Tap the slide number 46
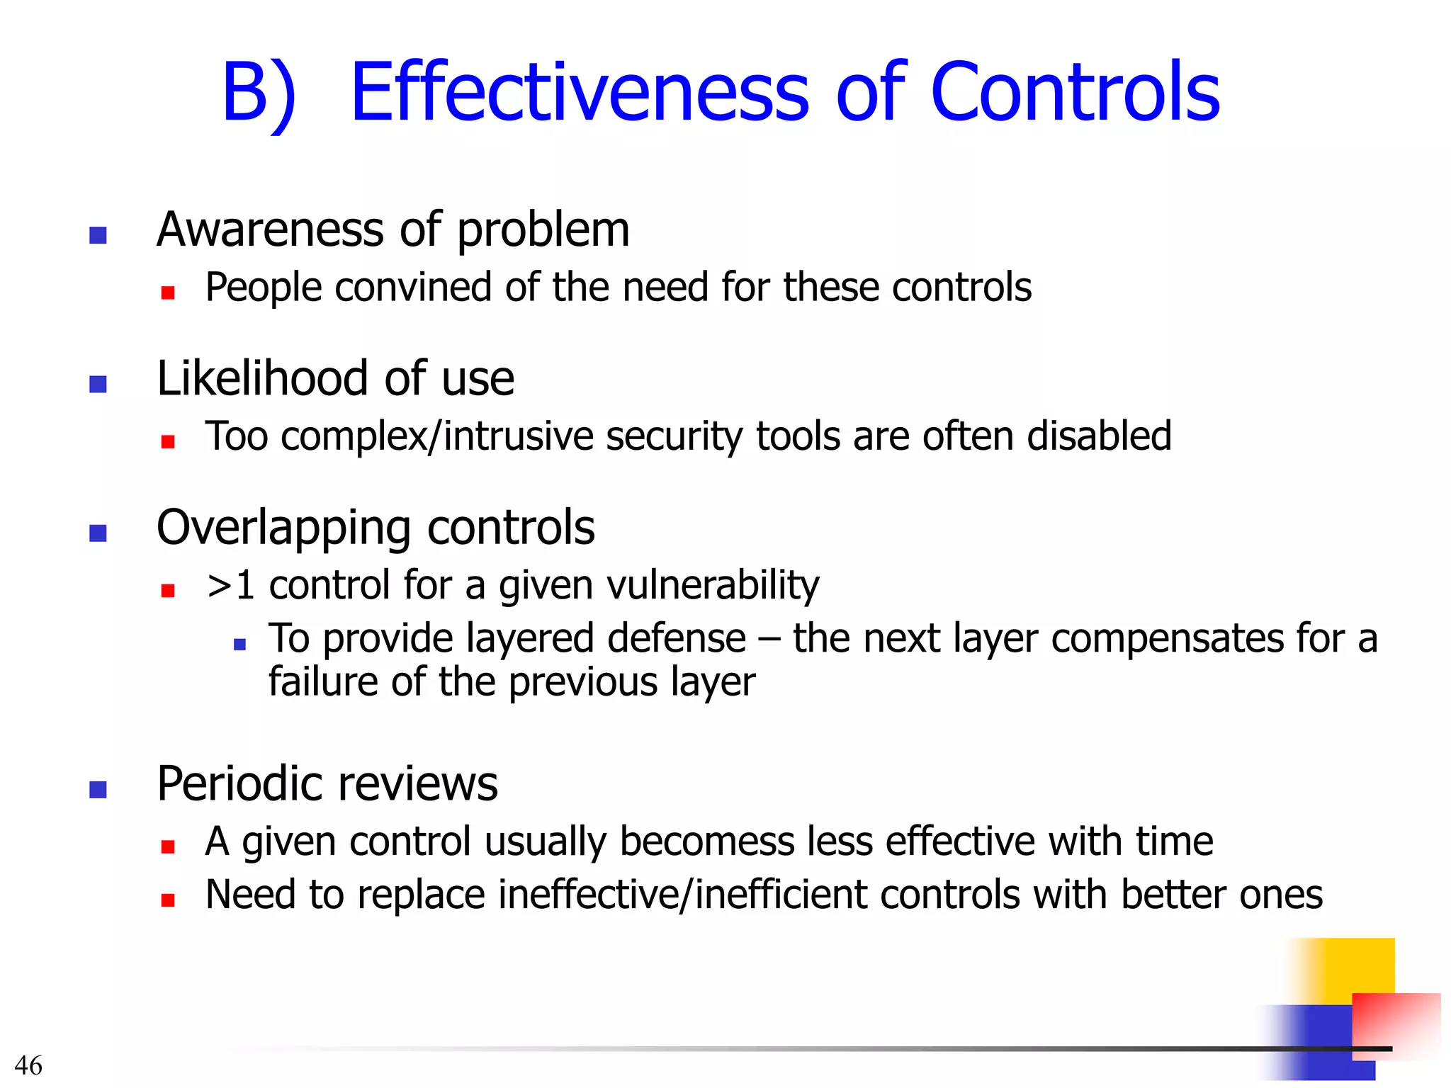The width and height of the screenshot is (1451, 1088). tap(28, 1065)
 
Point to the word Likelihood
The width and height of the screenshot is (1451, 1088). tap(262, 379)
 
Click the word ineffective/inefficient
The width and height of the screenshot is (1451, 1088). tap(683, 895)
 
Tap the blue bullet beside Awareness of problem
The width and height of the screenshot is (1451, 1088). tap(98, 235)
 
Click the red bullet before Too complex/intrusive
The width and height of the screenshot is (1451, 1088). tap(168, 442)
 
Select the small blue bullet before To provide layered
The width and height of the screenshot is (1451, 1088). tap(239, 645)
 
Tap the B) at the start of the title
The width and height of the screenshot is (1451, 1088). tap(259, 93)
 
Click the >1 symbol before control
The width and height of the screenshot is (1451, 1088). tap(230, 586)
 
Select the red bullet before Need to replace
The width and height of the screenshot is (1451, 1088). tap(168, 900)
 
